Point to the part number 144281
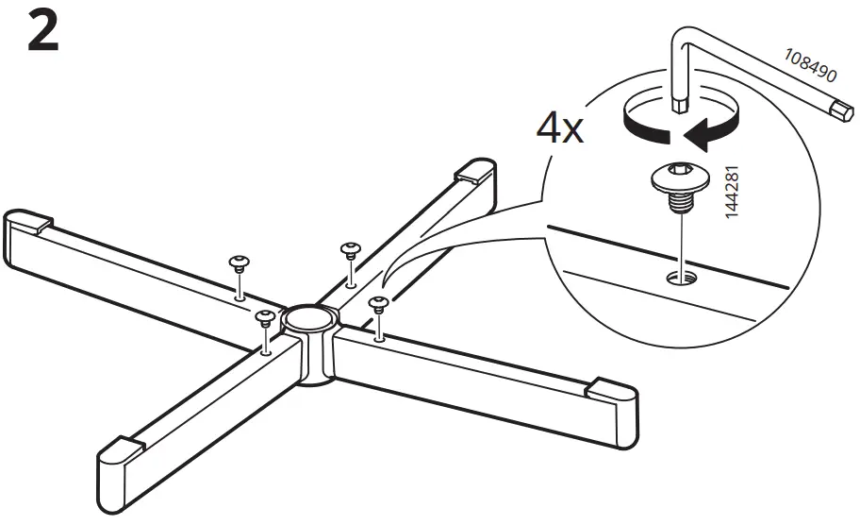click(735, 196)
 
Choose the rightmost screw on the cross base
click(378, 304)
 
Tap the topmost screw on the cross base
click(349, 247)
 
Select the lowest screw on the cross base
click(265, 315)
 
